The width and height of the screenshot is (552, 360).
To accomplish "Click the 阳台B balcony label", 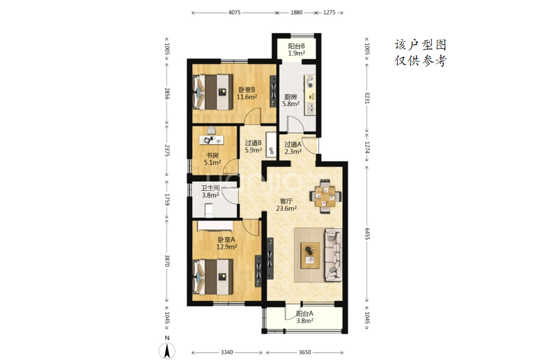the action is tap(296, 46).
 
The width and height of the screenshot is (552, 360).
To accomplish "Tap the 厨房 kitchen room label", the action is tap(290, 97).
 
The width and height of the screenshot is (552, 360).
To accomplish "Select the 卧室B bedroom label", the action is tap(246, 90).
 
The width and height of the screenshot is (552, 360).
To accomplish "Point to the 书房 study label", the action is tap(212, 156).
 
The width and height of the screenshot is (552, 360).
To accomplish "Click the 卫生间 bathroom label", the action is tap(210, 188).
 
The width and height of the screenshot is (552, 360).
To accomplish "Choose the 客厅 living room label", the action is tap(286, 201).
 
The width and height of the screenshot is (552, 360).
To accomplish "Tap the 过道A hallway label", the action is tap(293, 144).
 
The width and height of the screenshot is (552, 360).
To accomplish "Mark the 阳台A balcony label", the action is tap(304, 314).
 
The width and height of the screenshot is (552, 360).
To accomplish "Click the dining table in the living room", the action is tap(325, 196).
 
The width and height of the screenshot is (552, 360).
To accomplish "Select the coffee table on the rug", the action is tap(310, 256).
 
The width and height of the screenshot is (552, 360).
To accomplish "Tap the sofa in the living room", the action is tap(333, 254).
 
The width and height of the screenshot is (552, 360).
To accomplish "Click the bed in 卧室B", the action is tap(213, 92).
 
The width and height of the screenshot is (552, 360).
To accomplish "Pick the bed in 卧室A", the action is tap(213, 278).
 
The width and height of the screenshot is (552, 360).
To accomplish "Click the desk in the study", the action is tap(211, 140).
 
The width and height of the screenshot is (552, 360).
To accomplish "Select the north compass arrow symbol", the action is tap(167, 351).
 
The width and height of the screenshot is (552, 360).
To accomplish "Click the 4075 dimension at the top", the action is tap(234, 12).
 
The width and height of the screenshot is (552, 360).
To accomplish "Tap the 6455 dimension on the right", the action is tap(367, 234).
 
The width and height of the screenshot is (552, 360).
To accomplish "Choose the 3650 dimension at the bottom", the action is tap(304, 352).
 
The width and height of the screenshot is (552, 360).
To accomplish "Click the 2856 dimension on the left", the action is tap(167, 94).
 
